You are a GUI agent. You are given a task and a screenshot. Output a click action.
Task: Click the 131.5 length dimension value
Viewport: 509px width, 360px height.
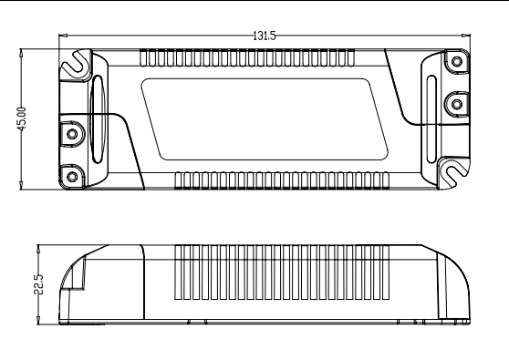coord(265,36)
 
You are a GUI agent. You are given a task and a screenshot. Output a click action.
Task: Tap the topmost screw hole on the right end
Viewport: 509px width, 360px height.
coord(456,62)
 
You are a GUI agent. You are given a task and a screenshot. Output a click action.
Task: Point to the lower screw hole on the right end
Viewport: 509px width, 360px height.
coord(456,103)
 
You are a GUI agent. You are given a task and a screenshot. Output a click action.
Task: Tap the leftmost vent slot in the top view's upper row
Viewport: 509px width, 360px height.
coord(143,58)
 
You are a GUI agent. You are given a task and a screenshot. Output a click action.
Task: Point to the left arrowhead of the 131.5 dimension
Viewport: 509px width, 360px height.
coord(62,36)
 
